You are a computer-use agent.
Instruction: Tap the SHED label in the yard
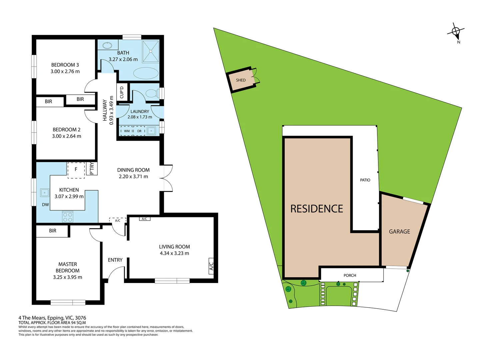241,80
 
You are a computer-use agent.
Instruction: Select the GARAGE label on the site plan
399,232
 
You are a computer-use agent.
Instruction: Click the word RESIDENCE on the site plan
316,209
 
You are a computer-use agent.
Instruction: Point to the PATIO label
365,180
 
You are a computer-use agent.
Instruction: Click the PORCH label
350,275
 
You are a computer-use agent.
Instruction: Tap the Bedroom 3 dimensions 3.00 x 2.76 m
65,71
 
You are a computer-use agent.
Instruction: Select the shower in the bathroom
151,51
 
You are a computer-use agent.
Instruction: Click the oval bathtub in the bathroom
146,73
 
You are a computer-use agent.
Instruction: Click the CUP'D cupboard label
122,92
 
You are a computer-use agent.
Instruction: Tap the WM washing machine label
127,131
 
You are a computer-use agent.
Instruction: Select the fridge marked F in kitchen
76,170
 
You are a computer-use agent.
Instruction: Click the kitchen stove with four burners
68,217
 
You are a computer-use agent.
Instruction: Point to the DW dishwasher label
45,205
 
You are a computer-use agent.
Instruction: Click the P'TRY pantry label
92,169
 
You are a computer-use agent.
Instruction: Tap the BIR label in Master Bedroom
53,231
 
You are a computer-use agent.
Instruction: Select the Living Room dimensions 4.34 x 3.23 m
174,253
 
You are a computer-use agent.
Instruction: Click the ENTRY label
115,260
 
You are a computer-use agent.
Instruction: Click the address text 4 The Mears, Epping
52,318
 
